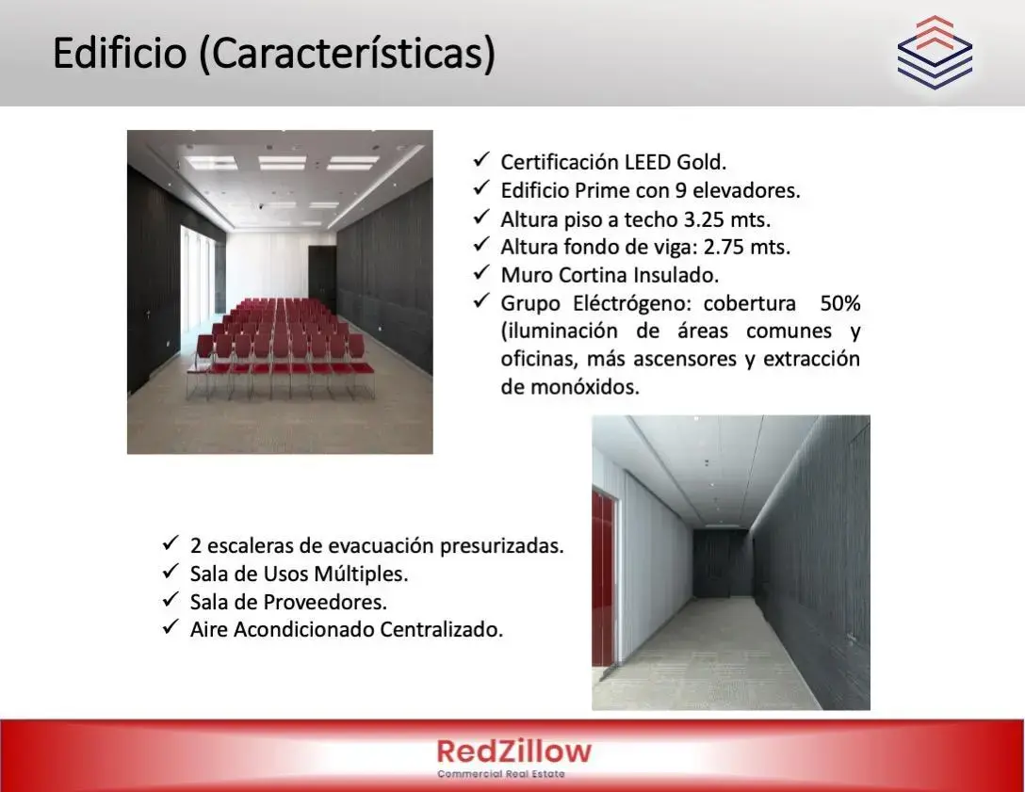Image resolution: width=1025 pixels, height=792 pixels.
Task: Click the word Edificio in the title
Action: pos(120,53)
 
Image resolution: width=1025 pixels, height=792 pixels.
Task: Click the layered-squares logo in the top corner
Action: pos(935,53)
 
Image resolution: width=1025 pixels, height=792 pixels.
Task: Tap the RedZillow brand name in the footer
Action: pos(513,752)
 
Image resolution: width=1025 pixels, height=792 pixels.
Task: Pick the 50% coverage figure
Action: pos(840,303)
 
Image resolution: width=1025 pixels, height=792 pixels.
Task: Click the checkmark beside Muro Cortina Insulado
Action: pos(481,273)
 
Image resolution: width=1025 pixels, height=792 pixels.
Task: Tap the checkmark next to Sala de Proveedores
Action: pos(171,600)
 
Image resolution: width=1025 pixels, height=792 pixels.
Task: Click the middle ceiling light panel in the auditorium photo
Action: pos(282,163)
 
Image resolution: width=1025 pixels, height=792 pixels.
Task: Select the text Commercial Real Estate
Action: pos(501,774)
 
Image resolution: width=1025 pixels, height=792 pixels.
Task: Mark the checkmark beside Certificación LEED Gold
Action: pos(481,160)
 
